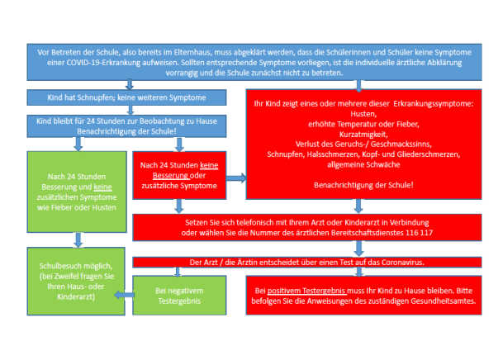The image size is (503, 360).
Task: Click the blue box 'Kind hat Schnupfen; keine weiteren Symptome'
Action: coord(126,97)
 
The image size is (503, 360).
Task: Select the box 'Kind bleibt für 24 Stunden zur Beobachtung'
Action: coord(126,126)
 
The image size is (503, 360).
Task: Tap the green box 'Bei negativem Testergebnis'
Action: coord(179,296)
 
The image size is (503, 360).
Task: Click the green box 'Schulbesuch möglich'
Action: coord(76,281)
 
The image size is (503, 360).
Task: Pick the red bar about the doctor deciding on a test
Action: coord(307,263)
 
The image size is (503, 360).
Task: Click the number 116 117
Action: coord(419,233)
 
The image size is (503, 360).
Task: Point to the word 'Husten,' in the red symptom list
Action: coord(363,114)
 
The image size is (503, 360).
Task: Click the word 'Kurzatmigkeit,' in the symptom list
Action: coord(363,135)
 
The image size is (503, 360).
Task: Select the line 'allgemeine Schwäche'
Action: coord(363,165)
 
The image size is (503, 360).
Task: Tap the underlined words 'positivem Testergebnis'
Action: coord(306,291)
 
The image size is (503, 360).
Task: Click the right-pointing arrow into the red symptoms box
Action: coord(236,178)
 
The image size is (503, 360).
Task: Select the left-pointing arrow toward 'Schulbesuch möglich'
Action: coord(124,295)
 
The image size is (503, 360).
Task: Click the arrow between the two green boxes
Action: coord(78,239)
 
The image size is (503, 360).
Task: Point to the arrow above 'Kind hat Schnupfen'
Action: coord(130,85)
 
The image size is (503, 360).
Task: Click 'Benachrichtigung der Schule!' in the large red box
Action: coord(363,185)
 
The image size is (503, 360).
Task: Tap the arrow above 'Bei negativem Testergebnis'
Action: coord(178,272)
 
